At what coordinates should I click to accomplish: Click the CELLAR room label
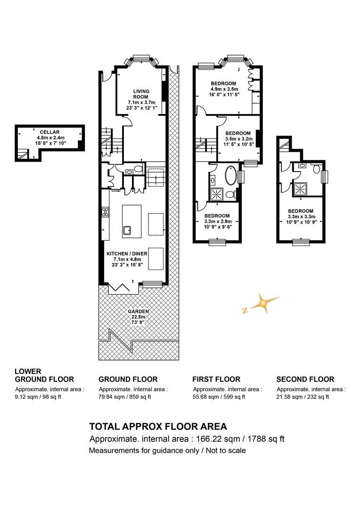(x=49, y=132)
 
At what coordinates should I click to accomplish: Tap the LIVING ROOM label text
(x=141, y=94)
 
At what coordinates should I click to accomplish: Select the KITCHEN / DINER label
(x=127, y=254)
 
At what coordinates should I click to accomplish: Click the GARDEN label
(x=138, y=312)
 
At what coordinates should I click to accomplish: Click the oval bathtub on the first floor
(x=231, y=175)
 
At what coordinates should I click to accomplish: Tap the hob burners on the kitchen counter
(x=105, y=212)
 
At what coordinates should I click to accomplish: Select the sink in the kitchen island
(x=127, y=230)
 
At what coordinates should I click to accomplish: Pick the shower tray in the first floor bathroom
(x=217, y=194)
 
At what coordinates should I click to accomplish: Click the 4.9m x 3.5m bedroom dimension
(x=224, y=89)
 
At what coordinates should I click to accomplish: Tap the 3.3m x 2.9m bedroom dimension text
(x=218, y=222)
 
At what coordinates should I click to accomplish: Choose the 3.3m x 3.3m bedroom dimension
(x=302, y=216)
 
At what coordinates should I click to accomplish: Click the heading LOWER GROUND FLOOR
(x=44, y=375)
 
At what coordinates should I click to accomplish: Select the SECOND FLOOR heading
(x=305, y=379)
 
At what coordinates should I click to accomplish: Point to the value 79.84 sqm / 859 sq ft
(x=125, y=397)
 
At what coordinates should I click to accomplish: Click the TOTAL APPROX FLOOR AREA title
(x=158, y=426)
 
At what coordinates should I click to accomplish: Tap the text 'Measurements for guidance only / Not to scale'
(x=167, y=451)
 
